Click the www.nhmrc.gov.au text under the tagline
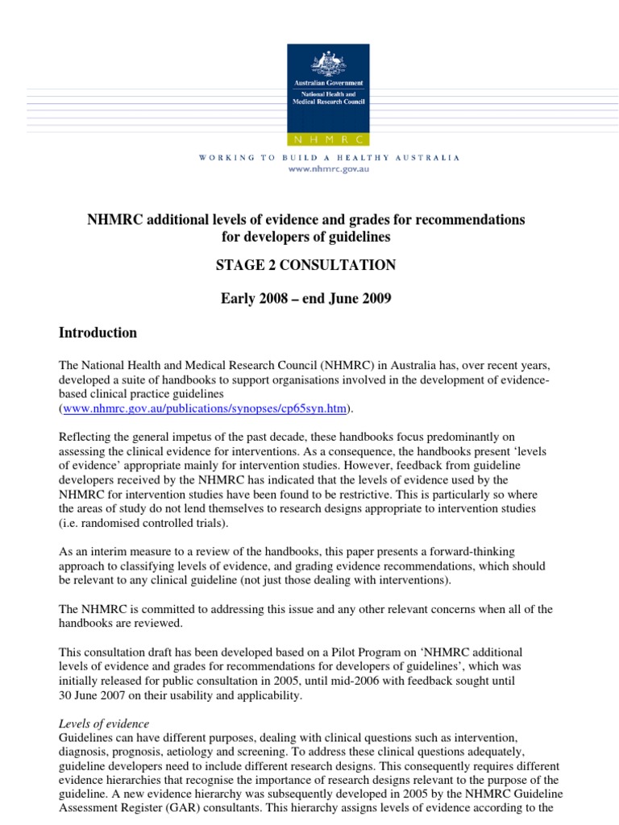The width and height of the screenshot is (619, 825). click(329, 171)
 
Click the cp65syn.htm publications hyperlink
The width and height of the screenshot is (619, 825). click(206, 409)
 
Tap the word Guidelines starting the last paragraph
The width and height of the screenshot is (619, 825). click(89, 738)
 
